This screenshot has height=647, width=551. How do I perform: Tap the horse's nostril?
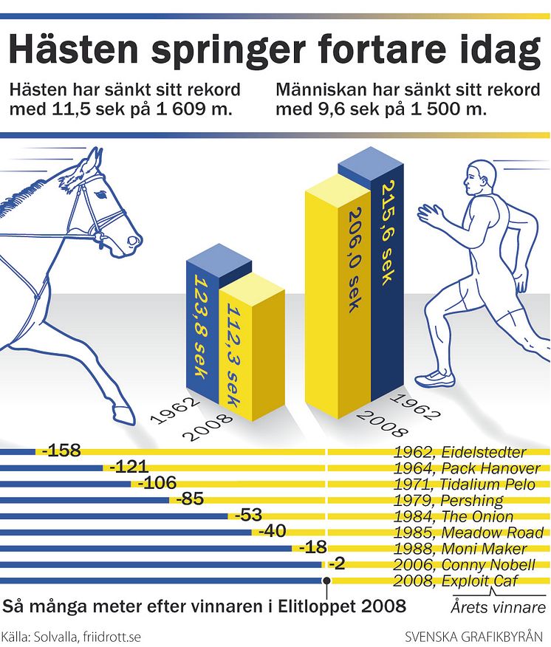[132, 239]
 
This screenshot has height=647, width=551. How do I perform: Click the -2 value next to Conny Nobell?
[337, 564]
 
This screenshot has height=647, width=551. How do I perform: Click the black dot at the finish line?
[326, 581]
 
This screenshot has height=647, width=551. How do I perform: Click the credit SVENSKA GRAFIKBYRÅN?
[479, 636]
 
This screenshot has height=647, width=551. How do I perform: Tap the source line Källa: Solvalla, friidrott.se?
[71, 636]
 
